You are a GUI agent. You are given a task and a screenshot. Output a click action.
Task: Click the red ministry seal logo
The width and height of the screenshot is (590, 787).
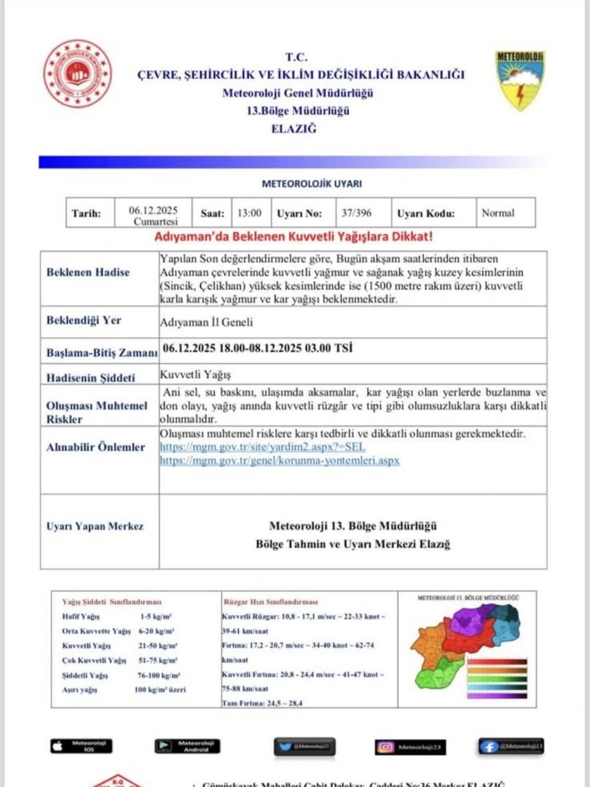click(x=76, y=73)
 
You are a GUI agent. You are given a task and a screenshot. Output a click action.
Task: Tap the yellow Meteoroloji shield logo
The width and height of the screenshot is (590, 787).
click(x=521, y=79)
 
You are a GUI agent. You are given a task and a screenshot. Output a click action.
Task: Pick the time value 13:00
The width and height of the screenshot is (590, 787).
click(x=249, y=214)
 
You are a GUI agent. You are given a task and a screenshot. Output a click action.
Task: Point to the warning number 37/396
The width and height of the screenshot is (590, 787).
click(x=355, y=214)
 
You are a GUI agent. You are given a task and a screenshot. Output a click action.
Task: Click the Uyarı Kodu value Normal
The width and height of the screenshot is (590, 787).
click(x=497, y=214)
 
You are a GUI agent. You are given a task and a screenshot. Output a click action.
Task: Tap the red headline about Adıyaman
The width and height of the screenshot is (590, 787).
click(x=294, y=238)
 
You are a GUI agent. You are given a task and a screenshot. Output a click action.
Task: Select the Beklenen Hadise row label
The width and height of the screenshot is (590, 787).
click(x=88, y=272)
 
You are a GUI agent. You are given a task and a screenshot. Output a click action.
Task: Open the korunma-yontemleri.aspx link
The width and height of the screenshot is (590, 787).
click(x=279, y=461)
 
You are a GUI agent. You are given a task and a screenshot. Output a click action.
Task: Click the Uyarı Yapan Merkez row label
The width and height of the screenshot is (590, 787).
click(x=95, y=526)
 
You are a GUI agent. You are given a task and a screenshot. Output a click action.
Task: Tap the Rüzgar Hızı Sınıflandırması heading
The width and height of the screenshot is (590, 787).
click(x=270, y=603)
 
